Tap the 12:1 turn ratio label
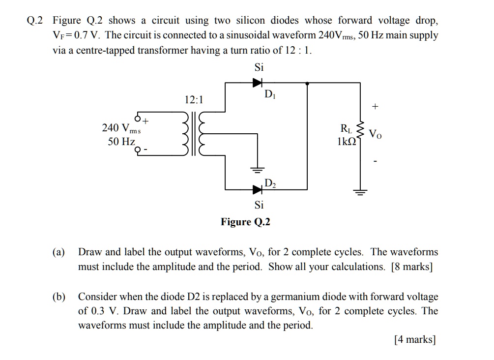pyautogui.click(x=194, y=100)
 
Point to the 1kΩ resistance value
pyautogui.click(x=347, y=142)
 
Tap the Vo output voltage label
pyautogui.click(x=375, y=133)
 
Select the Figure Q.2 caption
pyautogui.click(x=245, y=222)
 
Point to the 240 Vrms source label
pyautogui.click(x=121, y=128)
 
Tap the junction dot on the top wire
pyautogui.click(x=308, y=83)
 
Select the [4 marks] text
pyautogui.click(x=415, y=339)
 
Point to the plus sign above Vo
pyautogui.click(x=376, y=107)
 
